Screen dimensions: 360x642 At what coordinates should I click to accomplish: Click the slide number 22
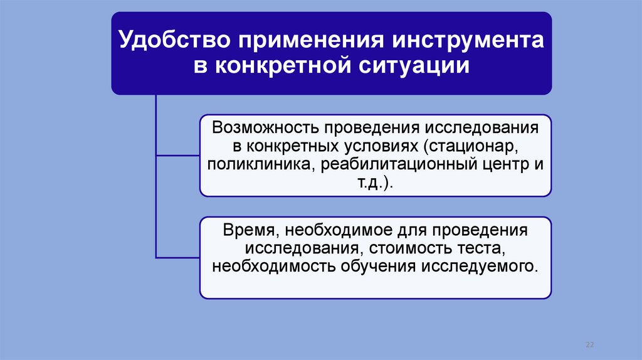[x=589, y=345]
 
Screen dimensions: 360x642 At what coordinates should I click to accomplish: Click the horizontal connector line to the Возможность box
[x=177, y=155]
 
